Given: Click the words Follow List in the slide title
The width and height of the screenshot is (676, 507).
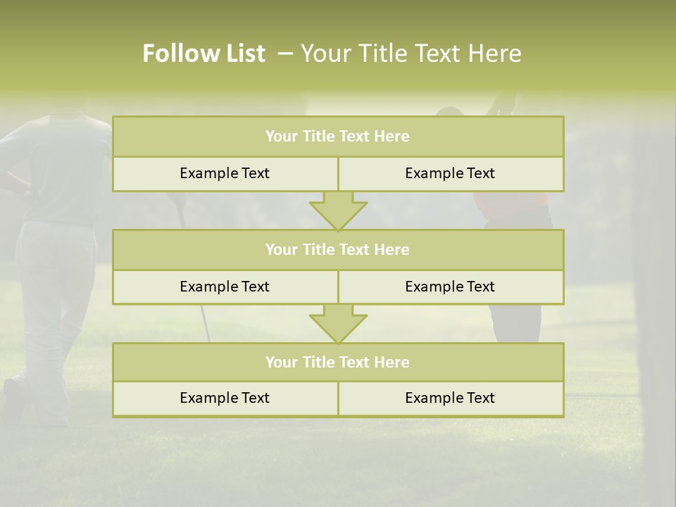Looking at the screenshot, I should click(x=204, y=54).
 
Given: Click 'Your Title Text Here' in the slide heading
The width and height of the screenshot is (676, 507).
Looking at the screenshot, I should click(x=411, y=54).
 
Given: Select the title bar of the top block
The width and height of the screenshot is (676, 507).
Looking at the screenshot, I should click(x=338, y=137).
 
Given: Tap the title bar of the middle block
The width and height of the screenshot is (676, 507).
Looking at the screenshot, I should click(x=338, y=249).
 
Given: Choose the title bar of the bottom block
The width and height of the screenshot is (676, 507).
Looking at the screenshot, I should click(x=338, y=362).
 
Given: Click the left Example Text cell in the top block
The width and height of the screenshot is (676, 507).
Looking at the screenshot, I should click(x=225, y=173).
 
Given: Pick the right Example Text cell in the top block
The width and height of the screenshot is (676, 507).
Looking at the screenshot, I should click(x=450, y=173).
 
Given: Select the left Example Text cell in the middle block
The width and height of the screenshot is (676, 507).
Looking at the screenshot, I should click(x=225, y=287).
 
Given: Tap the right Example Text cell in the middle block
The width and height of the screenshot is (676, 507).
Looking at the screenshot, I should click(x=450, y=287).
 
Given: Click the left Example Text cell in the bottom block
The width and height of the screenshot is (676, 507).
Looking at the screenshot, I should click(x=225, y=398).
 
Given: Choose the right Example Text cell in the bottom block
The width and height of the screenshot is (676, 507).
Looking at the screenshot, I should click(x=450, y=398).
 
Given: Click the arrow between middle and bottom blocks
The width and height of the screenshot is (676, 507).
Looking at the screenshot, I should click(x=338, y=323).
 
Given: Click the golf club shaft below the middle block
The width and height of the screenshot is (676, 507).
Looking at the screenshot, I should click(x=206, y=324).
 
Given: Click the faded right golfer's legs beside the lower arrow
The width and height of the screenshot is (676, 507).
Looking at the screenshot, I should click(x=515, y=323).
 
